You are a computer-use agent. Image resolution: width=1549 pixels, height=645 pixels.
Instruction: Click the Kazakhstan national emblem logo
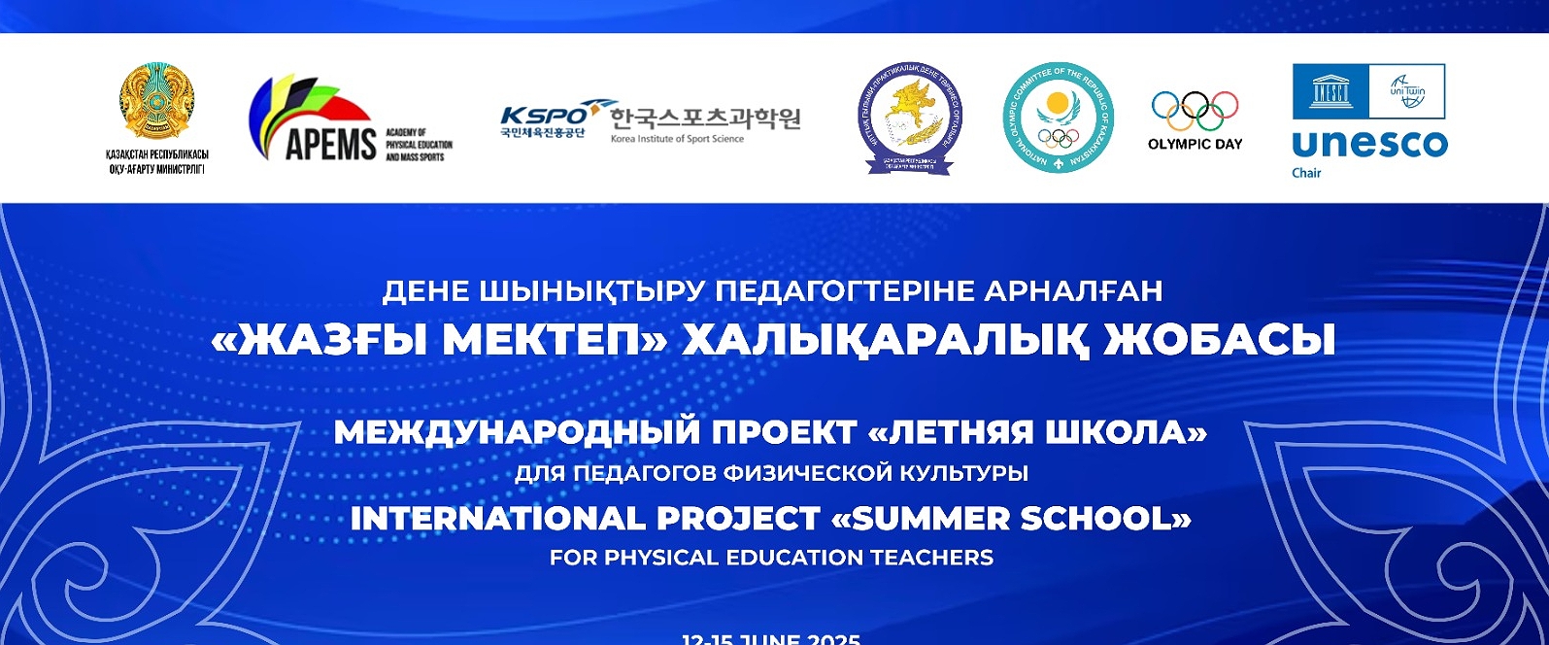click(x=156, y=102)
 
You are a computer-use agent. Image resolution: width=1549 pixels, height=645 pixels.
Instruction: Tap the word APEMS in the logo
click(x=330, y=144)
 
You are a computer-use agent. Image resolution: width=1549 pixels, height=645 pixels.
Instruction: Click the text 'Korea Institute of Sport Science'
click(x=677, y=139)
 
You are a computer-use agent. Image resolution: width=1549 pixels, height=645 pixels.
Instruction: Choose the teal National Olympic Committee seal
click(x=1058, y=119)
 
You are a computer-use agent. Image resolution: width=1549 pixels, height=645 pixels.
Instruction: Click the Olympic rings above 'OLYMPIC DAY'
click(x=1195, y=111)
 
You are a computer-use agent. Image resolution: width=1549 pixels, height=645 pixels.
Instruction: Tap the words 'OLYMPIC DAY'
click(x=1195, y=144)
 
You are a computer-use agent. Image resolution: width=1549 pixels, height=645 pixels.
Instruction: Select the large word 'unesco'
click(x=1369, y=144)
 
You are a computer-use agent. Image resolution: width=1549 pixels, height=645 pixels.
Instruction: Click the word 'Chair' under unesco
click(x=1306, y=173)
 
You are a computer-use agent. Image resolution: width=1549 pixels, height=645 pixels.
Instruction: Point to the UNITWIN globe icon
click(x=1406, y=91)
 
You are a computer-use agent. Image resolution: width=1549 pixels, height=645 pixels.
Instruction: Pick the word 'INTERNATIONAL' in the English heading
click(x=497, y=519)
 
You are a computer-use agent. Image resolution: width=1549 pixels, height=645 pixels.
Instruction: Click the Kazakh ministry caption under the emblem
click(x=156, y=162)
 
